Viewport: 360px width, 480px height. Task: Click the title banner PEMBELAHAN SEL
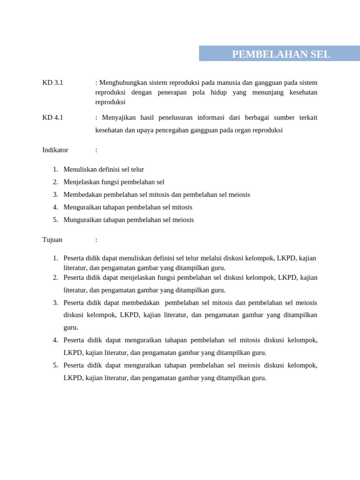[x=281, y=54]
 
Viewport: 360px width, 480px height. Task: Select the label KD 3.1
[x=52, y=82]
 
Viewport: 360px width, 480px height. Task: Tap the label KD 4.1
[x=52, y=118]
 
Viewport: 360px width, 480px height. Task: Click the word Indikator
[x=55, y=150]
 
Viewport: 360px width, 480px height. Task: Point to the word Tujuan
[x=52, y=240]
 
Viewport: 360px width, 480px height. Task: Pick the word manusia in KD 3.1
[x=226, y=82]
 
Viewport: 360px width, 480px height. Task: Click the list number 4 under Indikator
[x=55, y=207]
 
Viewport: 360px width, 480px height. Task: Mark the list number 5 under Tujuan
[x=55, y=365]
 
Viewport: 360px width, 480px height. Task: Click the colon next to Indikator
[x=96, y=150]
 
